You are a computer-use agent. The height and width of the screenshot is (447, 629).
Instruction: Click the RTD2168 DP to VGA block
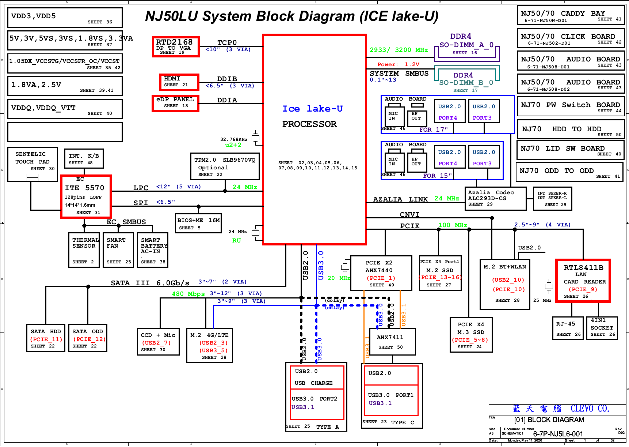pos(176,47)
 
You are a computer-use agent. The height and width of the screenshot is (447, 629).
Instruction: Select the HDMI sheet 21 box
pos(179,82)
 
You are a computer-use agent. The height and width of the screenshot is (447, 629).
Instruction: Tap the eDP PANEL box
pos(175,103)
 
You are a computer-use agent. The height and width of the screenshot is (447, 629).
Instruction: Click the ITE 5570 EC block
pos(86,196)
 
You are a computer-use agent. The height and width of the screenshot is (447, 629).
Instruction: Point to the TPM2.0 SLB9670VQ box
pos(225,166)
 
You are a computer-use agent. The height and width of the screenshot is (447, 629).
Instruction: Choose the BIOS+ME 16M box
pos(198,223)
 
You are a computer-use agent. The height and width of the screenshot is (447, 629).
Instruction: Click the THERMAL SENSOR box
pos(84,250)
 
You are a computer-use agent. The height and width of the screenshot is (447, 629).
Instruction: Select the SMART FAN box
pos(118,250)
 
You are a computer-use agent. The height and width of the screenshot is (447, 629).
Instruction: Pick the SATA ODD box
pos(88,338)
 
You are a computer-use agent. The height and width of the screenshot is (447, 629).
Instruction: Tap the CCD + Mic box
pos(158,342)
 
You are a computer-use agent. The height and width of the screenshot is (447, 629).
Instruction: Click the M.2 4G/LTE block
pos(209,345)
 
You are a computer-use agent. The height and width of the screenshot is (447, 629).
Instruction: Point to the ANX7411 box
pos(390,341)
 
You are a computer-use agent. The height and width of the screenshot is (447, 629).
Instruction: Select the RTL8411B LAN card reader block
pos(583,281)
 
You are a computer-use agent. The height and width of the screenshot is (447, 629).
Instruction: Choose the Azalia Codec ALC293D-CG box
pos(495,198)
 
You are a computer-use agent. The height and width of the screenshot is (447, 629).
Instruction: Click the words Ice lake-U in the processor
pos(312,109)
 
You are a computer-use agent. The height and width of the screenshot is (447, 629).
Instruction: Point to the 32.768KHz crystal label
pos(234,139)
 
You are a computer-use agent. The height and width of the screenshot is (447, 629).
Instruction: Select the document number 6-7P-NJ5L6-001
pos(558,434)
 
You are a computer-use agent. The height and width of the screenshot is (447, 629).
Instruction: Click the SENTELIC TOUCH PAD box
pos(33,161)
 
